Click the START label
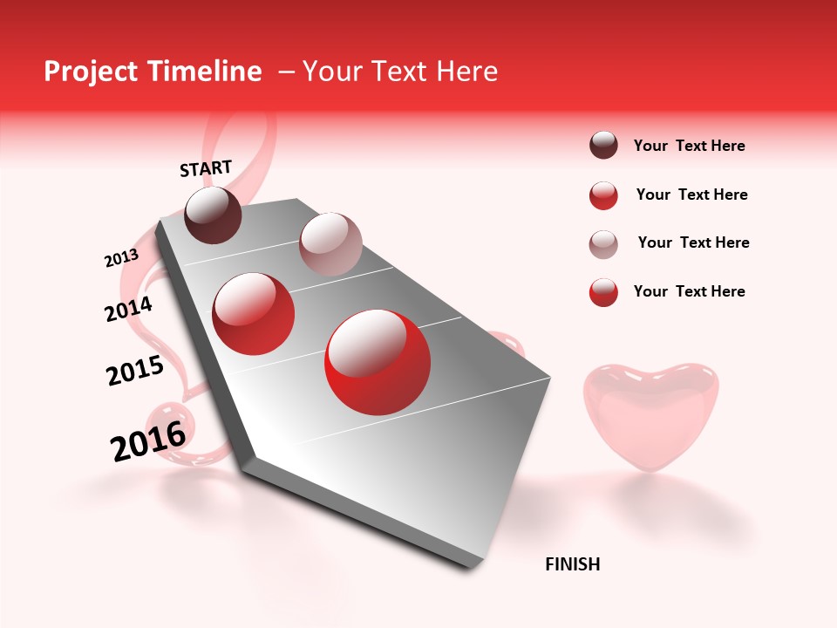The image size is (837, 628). (206, 168)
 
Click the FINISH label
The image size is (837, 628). (572, 564)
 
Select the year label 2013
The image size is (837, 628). (121, 258)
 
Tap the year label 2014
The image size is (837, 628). (128, 309)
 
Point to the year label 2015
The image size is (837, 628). (135, 372)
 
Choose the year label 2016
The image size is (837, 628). (148, 441)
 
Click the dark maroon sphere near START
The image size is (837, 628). (214, 215)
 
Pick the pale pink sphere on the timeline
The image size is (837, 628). (330, 243)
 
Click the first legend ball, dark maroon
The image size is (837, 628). (603, 146)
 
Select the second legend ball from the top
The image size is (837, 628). (603, 195)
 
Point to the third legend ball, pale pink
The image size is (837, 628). (603, 244)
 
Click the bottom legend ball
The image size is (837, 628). (603, 292)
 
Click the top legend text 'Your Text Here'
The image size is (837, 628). (689, 146)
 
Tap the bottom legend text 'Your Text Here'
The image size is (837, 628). (689, 291)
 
